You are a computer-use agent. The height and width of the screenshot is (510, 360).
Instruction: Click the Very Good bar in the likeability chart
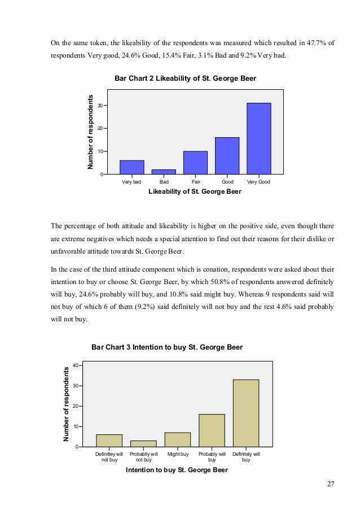point(258,138)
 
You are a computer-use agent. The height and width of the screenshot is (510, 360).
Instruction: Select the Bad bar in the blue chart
point(164,172)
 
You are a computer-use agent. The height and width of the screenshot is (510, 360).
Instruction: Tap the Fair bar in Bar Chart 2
point(195,163)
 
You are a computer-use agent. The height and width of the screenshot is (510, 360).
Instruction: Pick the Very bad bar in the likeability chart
point(132,167)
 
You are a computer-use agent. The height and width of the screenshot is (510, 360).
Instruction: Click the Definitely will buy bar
point(246,413)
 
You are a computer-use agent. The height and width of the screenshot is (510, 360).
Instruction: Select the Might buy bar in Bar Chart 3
point(178,439)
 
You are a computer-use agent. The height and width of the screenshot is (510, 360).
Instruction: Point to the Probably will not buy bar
point(144,443)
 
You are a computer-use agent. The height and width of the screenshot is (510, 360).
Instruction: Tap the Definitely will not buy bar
point(109,441)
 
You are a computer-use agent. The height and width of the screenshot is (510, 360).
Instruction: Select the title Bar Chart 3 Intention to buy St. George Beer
point(167,347)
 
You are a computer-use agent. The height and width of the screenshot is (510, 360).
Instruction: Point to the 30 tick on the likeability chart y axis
point(100,106)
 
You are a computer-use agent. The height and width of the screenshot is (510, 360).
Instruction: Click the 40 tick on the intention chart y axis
point(74,365)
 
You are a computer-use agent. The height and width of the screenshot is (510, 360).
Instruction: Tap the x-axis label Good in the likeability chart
point(227,182)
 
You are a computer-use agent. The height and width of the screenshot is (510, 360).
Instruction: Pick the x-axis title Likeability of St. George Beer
point(195,192)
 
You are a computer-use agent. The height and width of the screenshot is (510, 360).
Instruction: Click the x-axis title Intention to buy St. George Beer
point(177,470)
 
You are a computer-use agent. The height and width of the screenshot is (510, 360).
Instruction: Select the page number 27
point(331,483)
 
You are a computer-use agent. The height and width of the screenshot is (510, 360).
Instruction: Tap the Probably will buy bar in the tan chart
point(212,430)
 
